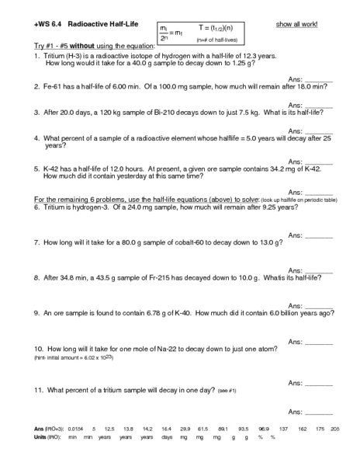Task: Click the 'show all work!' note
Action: tap(297, 25)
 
